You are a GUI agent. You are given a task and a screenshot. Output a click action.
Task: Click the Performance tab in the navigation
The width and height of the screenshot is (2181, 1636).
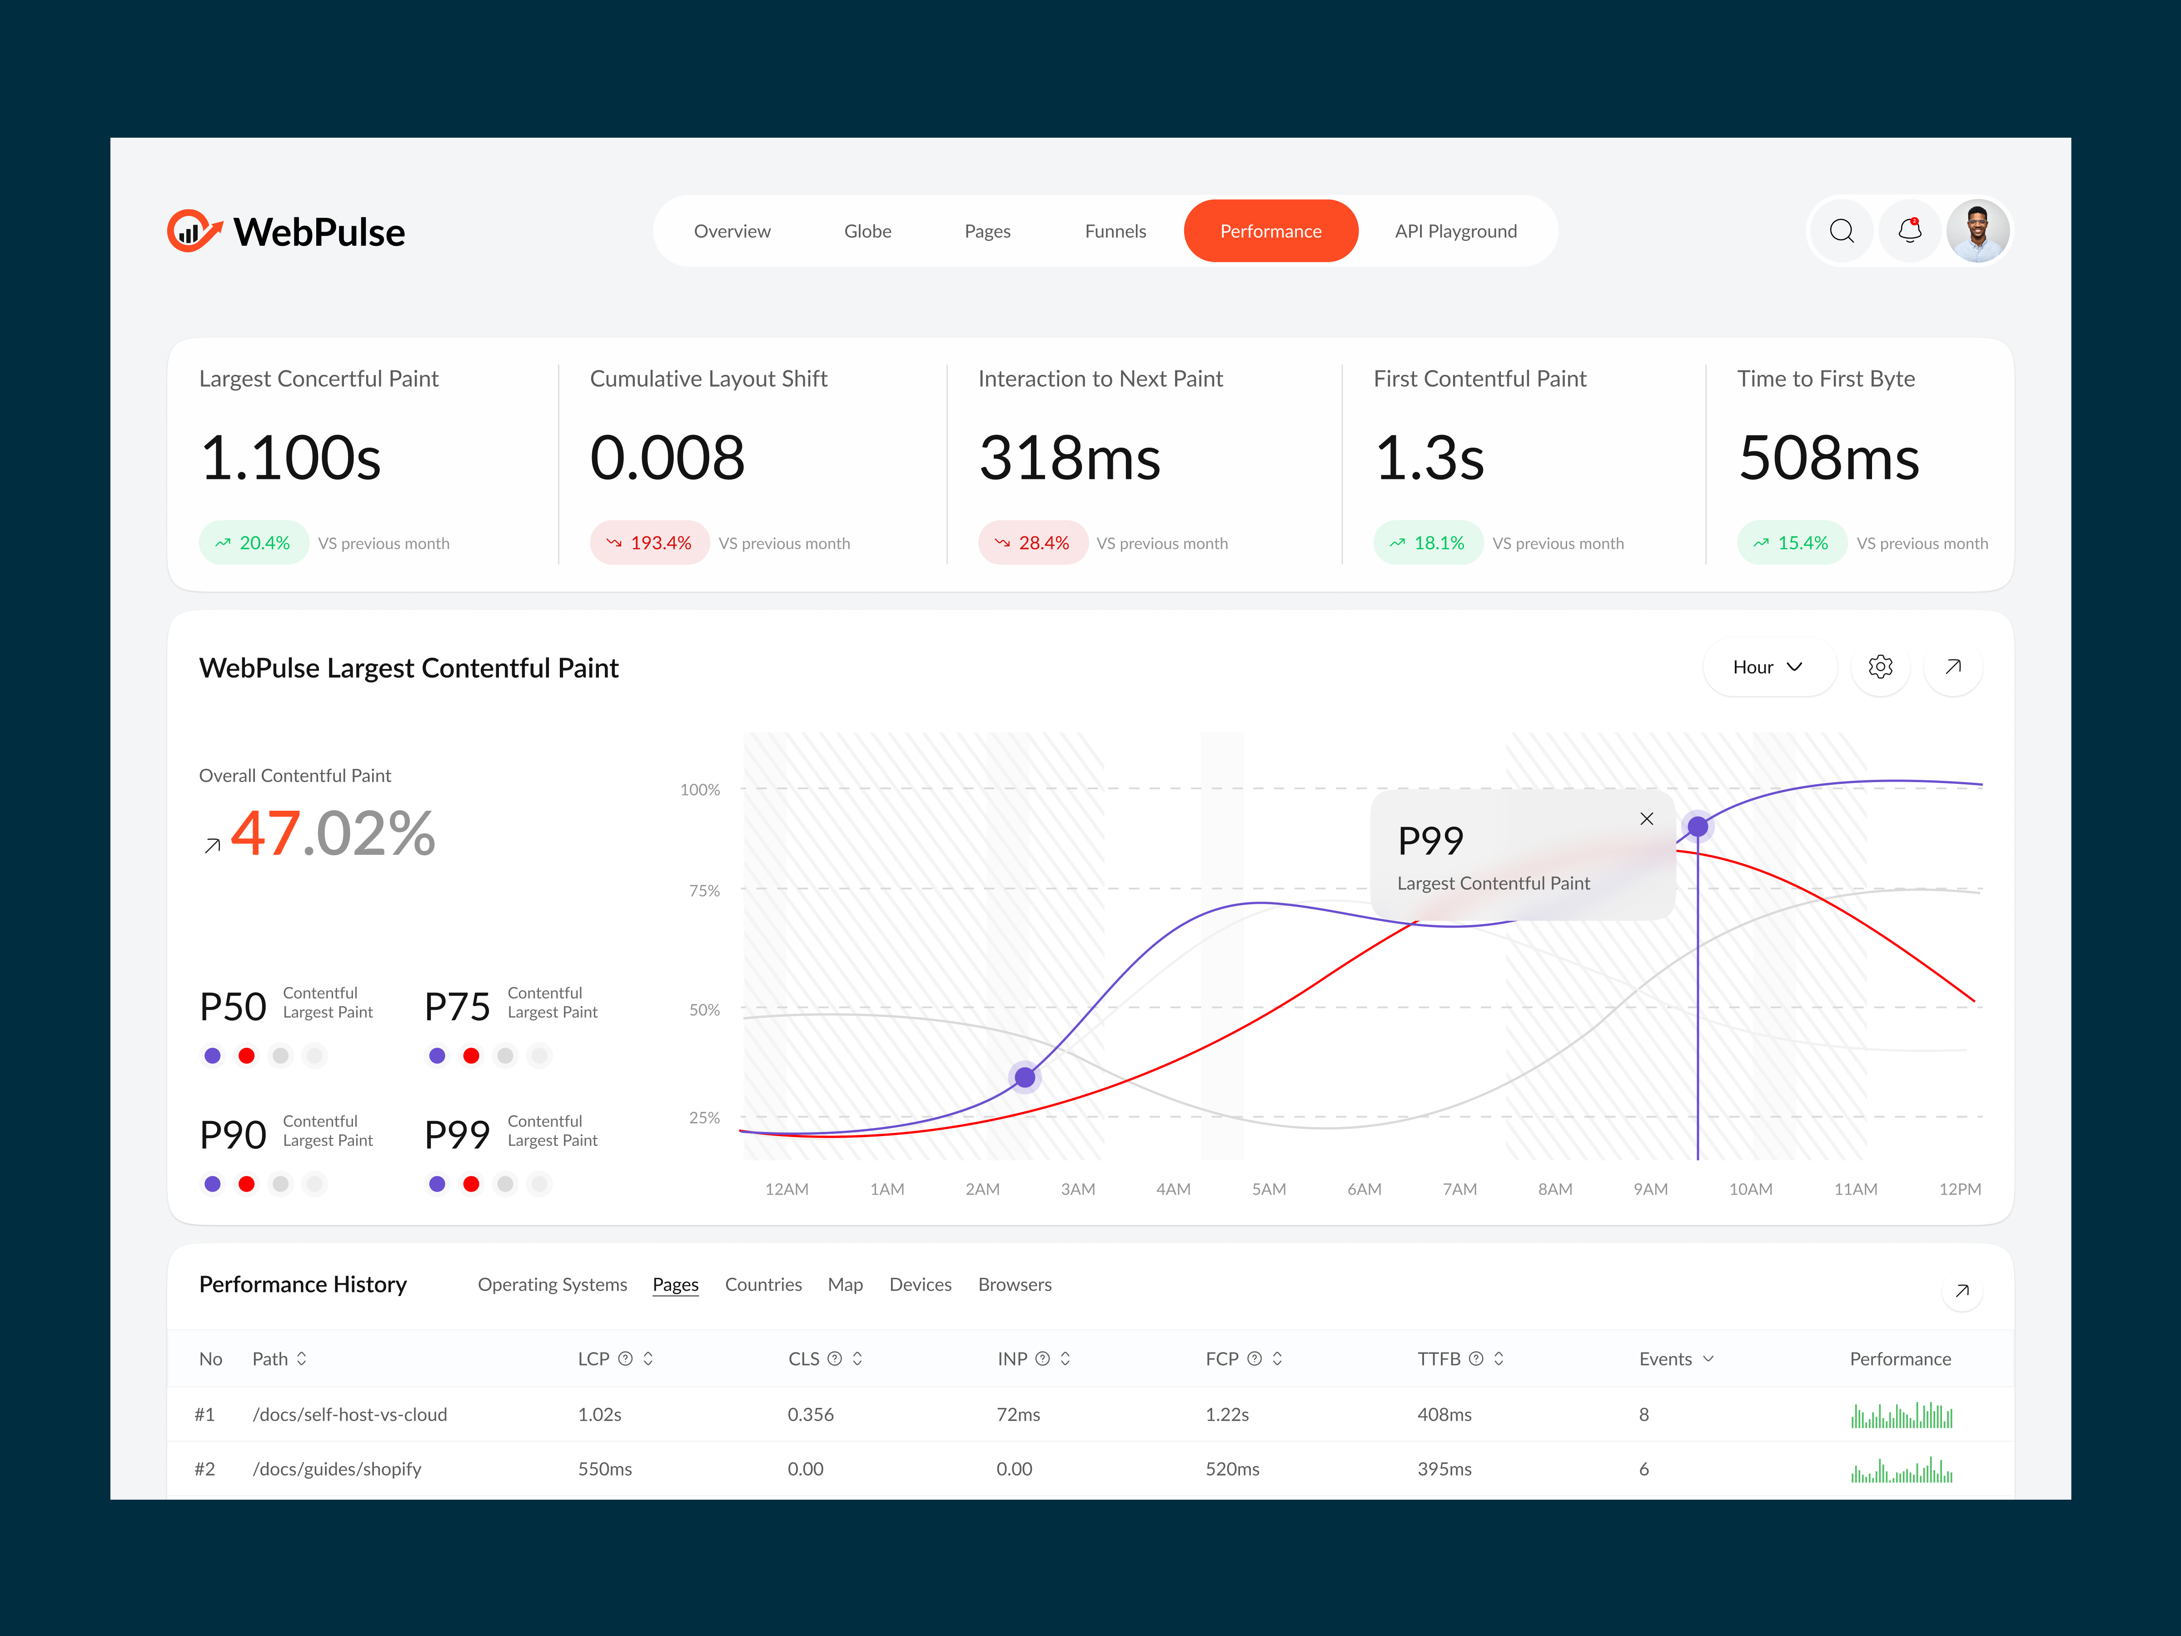pos(1270,231)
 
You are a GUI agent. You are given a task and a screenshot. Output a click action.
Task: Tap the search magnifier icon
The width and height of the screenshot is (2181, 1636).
pos(1841,231)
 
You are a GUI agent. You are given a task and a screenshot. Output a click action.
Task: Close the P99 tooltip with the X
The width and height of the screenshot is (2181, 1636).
pos(1646,818)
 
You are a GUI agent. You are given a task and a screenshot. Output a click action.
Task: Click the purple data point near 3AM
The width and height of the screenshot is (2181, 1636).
pos(1025,1077)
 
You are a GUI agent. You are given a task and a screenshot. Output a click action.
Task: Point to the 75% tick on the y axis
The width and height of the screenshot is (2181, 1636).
pos(704,890)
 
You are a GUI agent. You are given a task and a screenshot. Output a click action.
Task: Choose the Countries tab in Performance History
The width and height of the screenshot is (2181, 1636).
pos(763,1284)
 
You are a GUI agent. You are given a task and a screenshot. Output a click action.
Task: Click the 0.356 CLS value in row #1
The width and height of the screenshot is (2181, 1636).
pos(811,1414)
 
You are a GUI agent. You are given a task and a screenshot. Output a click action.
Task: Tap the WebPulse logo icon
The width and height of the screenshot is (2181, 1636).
pos(193,231)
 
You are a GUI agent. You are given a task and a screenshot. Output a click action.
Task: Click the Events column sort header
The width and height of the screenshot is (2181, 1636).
pos(1675,1359)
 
